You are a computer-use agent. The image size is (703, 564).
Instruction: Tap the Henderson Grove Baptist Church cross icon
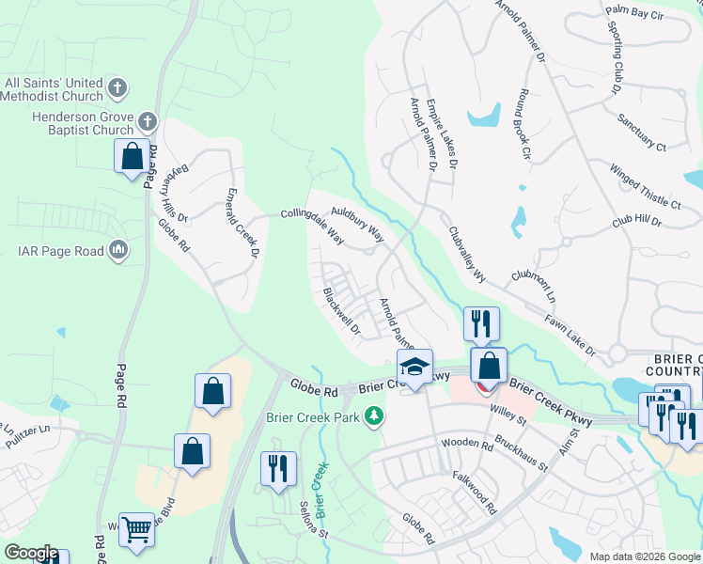pos(147,121)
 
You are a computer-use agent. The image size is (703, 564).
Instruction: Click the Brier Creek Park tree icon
pos(374,415)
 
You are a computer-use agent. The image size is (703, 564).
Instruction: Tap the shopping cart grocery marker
pos(136,529)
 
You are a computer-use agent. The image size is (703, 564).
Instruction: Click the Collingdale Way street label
pos(312,226)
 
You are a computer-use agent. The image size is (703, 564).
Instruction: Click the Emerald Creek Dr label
pos(241,223)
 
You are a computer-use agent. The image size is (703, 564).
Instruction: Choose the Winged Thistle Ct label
pos(645,187)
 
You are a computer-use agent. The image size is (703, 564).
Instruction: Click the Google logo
pos(31,554)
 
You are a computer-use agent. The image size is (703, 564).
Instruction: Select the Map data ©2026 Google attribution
pos(645,556)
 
